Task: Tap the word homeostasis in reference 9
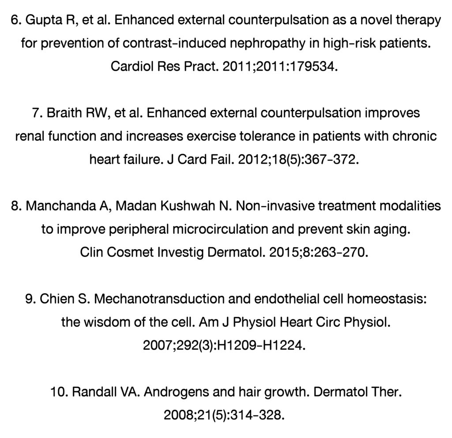(387, 299)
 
